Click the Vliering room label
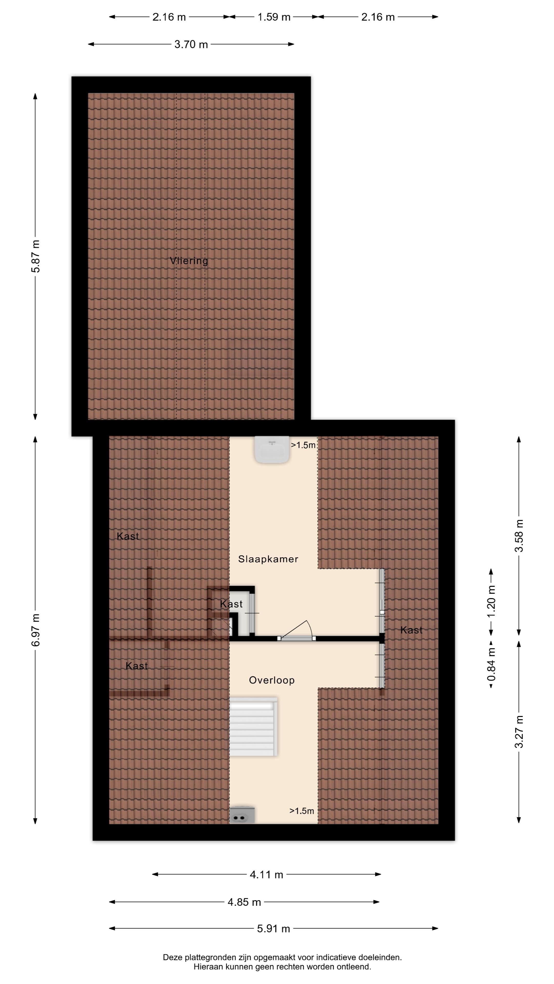tap(189, 261)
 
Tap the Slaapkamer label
tap(268, 559)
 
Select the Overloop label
tap(272, 680)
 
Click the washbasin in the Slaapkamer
tap(272, 450)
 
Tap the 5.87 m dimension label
tap(36, 256)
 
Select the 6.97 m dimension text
tap(36, 630)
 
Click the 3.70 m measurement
tap(191, 44)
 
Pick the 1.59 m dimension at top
tap(274, 17)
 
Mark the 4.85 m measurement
tap(244, 902)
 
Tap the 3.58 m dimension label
tap(519, 536)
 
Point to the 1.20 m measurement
tap(491, 602)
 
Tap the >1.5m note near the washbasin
tap(303, 445)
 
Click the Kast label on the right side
tap(411, 630)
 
